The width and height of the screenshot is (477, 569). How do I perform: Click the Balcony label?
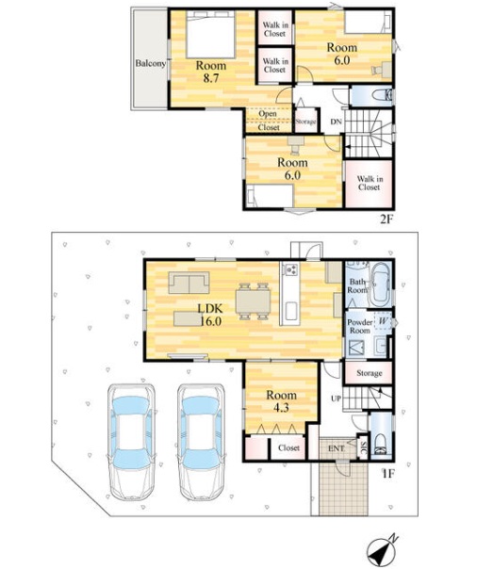[150, 63]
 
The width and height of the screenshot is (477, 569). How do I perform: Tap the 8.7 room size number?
[210, 78]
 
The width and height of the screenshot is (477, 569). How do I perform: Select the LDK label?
[210, 308]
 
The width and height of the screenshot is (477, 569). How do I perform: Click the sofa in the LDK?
[189, 283]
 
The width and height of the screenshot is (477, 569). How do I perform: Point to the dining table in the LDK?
[253, 301]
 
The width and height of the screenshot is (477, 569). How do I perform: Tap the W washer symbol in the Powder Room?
[383, 320]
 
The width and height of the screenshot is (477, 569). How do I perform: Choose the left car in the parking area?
[132, 442]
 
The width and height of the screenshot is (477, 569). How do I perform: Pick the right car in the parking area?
[201, 442]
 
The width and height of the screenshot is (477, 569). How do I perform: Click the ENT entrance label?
[337, 448]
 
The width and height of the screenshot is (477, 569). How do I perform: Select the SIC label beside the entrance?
[363, 448]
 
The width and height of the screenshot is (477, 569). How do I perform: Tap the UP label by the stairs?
[337, 398]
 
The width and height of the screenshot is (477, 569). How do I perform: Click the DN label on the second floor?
[336, 122]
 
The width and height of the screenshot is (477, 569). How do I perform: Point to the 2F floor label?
[387, 219]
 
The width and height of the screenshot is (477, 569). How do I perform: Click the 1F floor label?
[387, 474]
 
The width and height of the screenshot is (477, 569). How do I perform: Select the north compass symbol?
[382, 550]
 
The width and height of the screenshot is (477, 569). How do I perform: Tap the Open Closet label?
[269, 121]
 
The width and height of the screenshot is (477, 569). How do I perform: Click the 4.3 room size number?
[281, 408]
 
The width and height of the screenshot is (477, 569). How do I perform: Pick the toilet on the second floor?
[382, 95]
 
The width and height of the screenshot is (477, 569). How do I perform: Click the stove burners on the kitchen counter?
[291, 269]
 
